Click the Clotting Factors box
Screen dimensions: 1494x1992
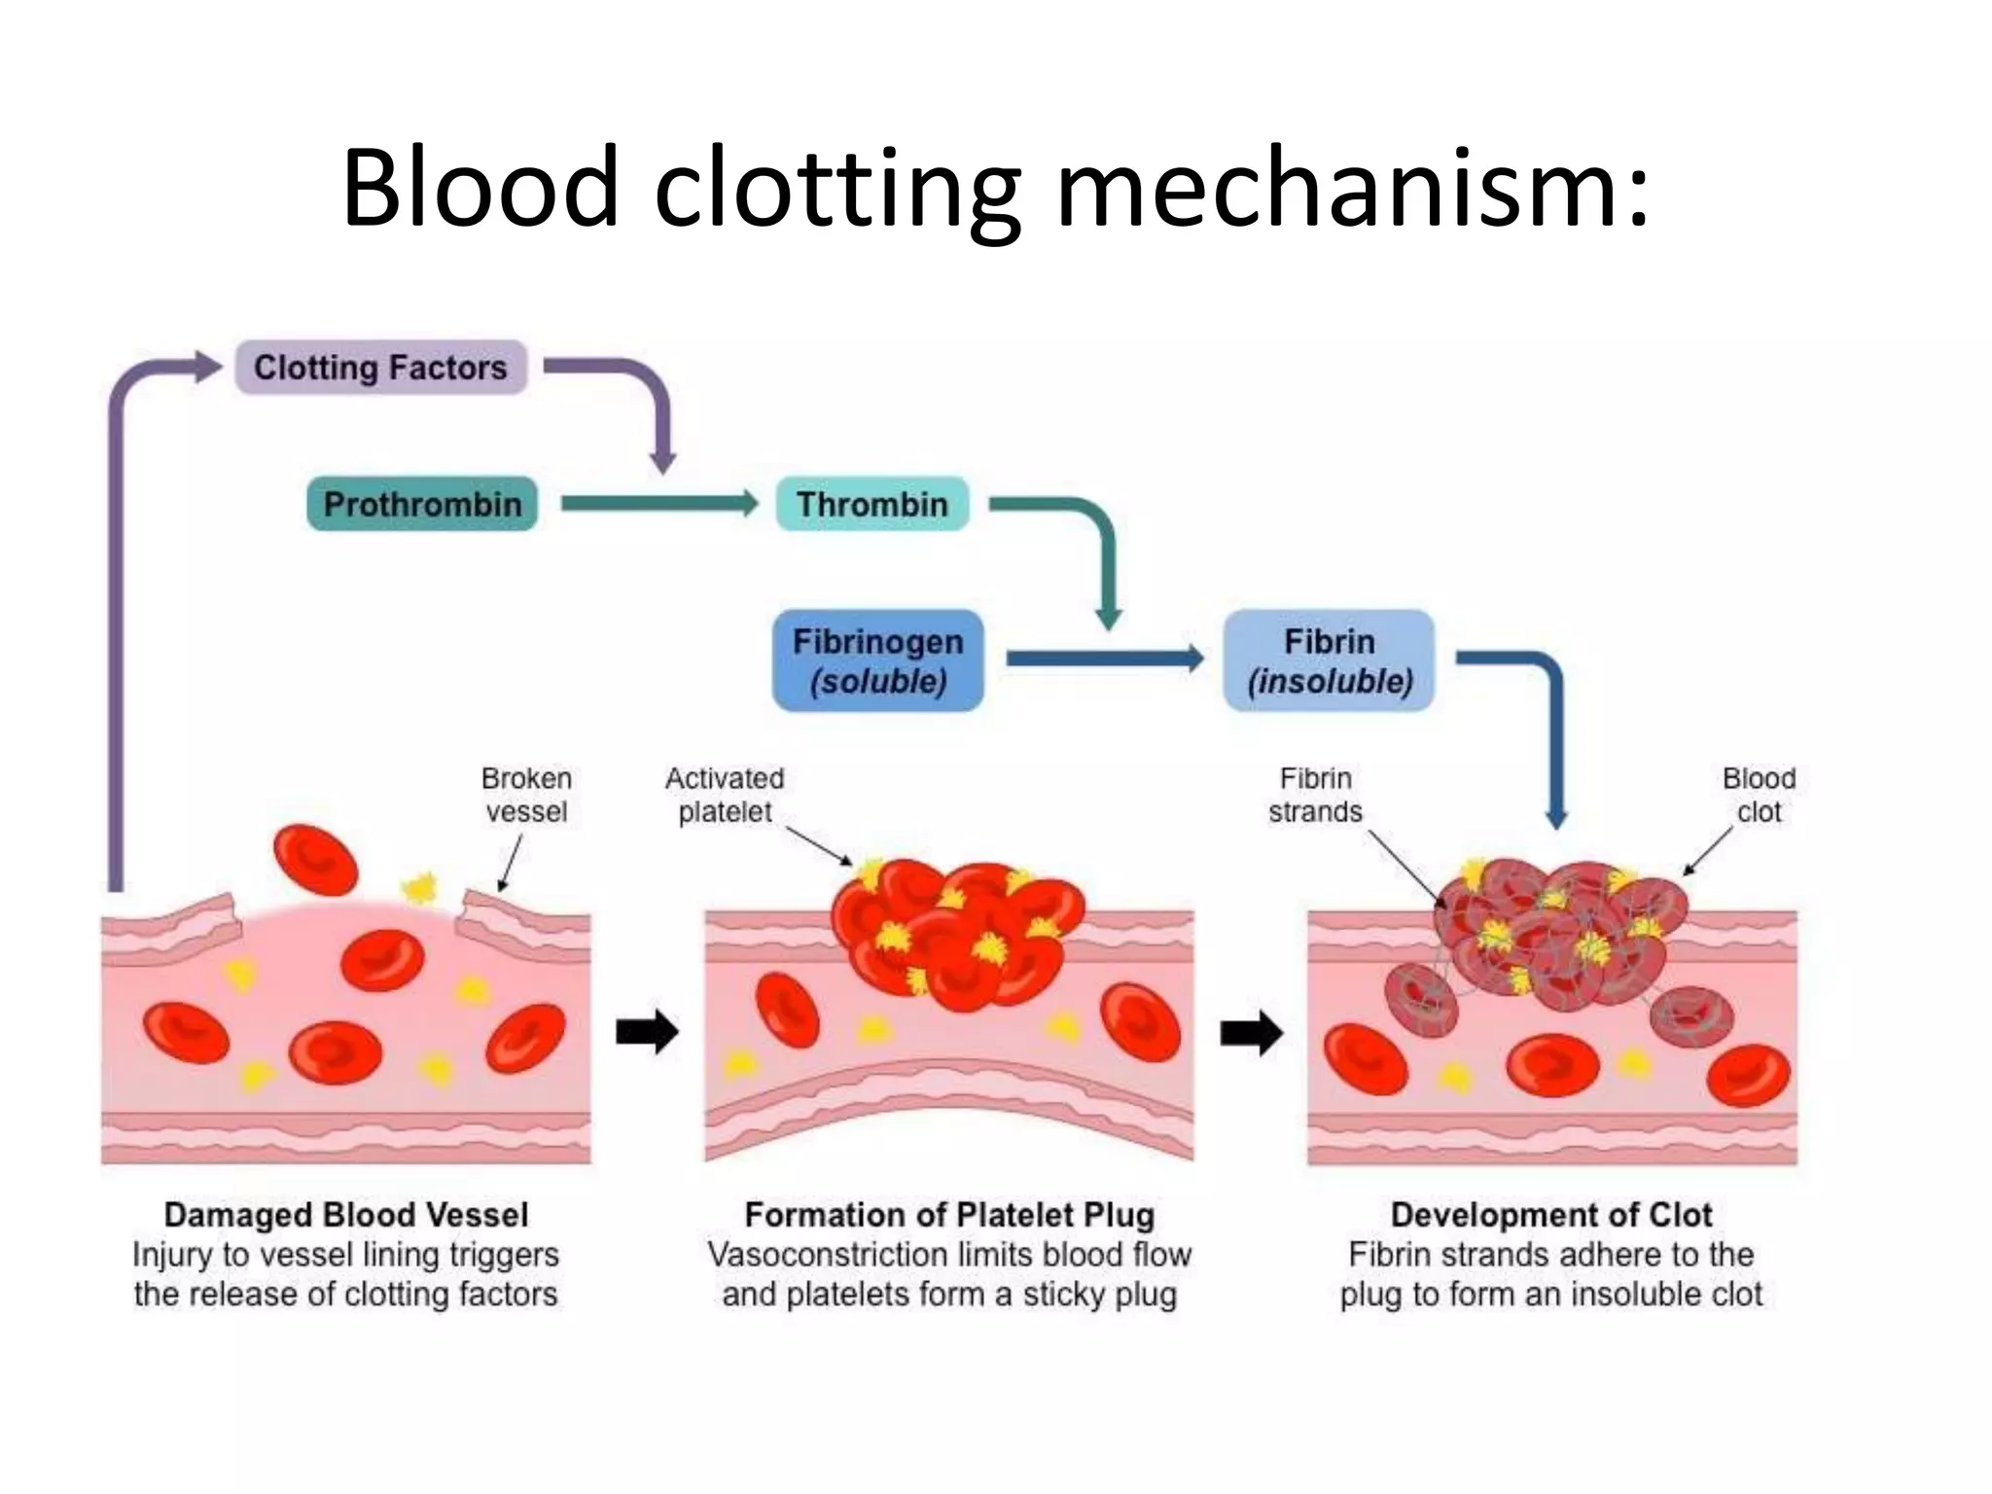pyautogui.click(x=380, y=368)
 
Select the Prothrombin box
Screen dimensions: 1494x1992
pyautogui.click(x=422, y=504)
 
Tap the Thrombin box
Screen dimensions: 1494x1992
pyautogui.click(x=871, y=504)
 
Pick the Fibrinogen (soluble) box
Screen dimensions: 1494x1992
pyautogui.click(x=877, y=660)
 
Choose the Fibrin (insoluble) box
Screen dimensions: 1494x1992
pyautogui.click(x=1329, y=660)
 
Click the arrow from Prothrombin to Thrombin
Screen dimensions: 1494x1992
pyautogui.click(x=658, y=504)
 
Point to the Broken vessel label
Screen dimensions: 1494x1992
pyautogui.click(x=526, y=795)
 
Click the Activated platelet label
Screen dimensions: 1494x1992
pyautogui.click(x=725, y=795)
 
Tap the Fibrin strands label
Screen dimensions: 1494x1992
pyautogui.click(x=1315, y=795)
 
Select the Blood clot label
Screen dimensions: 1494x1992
pyautogui.click(x=1759, y=795)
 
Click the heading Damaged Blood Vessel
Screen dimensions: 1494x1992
pyautogui.click(x=346, y=1215)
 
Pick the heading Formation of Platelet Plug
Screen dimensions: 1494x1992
pyautogui.click(x=949, y=1215)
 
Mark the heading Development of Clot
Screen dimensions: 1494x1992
pyautogui.click(x=1551, y=1215)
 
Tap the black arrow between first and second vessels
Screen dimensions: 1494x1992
pyautogui.click(x=647, y=1032)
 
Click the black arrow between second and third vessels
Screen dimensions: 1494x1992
pyautogui.click(x=1251, y=1032)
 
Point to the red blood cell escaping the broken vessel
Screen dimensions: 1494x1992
pyautogui.click(x=315, y=861)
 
